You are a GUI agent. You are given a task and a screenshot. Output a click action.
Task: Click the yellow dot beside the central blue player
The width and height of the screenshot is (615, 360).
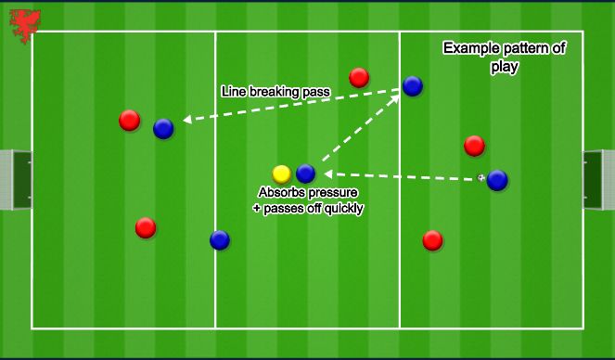282,174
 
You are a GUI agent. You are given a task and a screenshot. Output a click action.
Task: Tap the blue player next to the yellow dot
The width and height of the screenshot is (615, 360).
305,174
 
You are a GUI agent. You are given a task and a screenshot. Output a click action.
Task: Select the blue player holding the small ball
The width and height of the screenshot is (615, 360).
497,180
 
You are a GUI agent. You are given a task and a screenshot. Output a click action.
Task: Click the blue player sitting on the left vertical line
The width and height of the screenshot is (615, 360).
219,240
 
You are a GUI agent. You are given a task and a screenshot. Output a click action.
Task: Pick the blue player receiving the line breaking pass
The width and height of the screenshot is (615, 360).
163,129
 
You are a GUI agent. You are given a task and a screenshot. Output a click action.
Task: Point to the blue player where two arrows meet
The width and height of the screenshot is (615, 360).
413,86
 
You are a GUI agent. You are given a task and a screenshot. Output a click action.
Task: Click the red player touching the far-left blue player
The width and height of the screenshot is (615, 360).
130,120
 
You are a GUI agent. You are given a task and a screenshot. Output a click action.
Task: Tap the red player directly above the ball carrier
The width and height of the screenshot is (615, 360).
474,146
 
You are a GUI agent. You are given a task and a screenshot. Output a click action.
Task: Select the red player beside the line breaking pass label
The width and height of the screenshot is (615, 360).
359,77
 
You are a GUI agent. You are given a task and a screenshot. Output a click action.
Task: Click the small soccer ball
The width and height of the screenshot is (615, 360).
480,176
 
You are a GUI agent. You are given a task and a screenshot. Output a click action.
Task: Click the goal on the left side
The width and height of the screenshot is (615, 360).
14,179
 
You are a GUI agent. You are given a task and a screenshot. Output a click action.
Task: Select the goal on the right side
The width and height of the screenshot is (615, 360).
595,179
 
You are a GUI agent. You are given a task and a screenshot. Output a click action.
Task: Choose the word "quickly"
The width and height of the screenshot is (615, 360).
341,209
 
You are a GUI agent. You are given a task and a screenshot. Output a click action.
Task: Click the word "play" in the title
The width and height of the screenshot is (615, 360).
506,67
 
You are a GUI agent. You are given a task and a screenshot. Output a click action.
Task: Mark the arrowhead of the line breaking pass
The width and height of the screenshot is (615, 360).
186,120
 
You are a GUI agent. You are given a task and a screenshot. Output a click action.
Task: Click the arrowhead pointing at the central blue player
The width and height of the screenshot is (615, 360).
327,173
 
